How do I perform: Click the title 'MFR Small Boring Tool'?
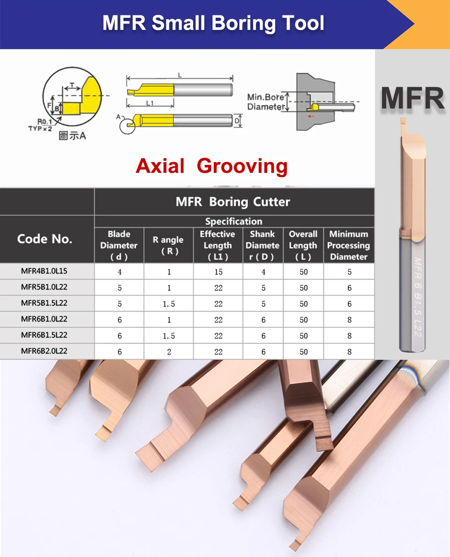click(213, 23)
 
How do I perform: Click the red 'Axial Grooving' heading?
click(211, 166)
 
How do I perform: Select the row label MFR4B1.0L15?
click(44, 272)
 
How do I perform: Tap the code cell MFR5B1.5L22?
click(44, 304)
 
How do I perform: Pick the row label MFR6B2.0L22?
click(44, 351)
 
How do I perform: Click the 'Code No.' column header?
click(45, 239)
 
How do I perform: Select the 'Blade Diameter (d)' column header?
click(119, 245)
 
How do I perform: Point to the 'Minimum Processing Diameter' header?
click(348, 245)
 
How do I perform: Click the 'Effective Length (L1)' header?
click(217, 245)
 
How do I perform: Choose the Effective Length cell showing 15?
click(218, 272)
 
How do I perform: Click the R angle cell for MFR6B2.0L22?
click(169, 352)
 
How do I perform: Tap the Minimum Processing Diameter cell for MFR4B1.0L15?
click(349, 272)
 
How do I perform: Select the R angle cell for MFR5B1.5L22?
click(169, 304)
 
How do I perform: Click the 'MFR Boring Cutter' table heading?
click(233, 202)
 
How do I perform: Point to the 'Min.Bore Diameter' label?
click(266, 102)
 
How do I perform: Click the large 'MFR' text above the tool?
click(412, 98)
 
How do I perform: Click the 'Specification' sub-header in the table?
click(233, 222)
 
